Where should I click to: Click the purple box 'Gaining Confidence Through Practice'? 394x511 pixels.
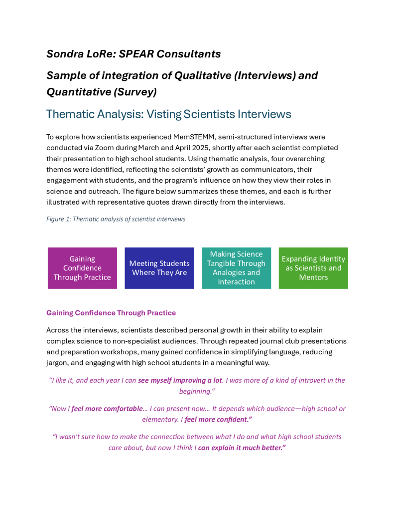tap(82, 268)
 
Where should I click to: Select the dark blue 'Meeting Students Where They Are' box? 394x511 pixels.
tap(159, 268)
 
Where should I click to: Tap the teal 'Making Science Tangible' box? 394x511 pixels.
tap(236, 268)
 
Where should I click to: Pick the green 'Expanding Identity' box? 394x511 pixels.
tap(313, 268)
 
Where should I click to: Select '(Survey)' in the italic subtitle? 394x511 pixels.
tap(131, 92)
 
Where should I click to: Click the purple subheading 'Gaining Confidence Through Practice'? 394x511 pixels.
tap(111, 313)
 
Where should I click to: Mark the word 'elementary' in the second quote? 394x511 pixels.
tap(162, 420)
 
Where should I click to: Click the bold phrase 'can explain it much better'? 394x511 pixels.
tap(241, 448)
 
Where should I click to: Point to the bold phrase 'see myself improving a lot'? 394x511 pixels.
tap(180, 380)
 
